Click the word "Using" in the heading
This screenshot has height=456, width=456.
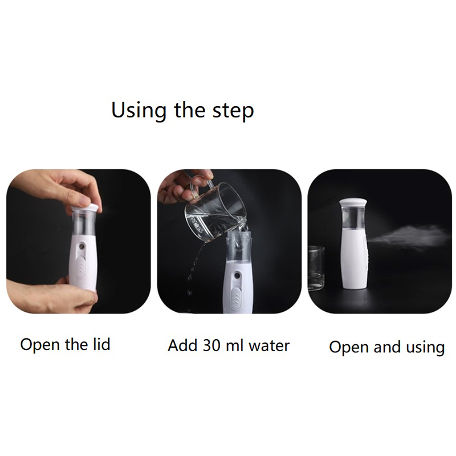tap(139, 111)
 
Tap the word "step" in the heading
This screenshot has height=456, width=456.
tap(233, 112)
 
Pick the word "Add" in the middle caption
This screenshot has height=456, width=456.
tap(183, 345)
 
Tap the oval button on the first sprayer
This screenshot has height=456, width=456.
tap(82, 264)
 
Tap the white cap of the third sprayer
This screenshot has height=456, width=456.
tap(354, 202)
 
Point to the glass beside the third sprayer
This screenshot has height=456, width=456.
tap(316, 268)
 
